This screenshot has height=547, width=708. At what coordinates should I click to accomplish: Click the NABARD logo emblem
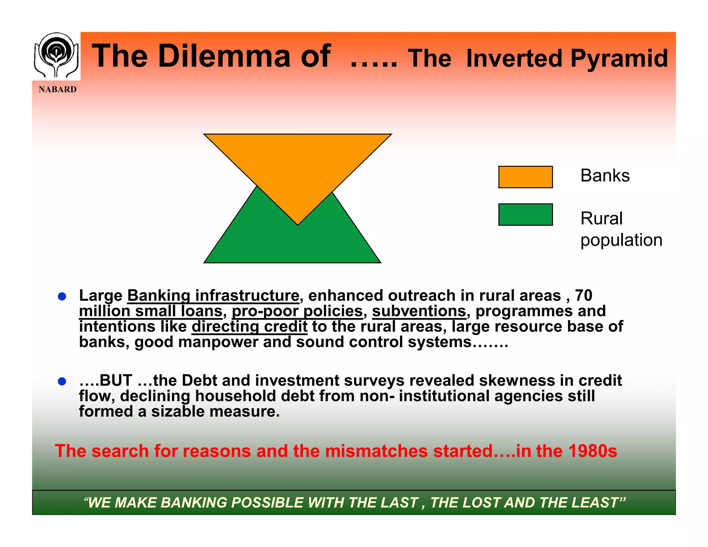56,55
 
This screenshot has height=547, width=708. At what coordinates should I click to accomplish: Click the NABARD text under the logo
57,90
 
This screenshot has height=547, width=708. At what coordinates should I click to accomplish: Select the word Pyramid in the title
619,58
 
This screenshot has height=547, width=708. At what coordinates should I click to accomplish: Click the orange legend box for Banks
525,177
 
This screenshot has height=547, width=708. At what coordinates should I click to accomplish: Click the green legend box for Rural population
525,215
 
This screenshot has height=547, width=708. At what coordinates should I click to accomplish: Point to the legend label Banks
605,176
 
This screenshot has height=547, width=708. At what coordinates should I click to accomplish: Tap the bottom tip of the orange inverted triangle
298,224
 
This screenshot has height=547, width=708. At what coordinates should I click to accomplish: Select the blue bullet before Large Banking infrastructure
62,297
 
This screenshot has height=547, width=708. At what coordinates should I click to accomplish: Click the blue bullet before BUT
62,381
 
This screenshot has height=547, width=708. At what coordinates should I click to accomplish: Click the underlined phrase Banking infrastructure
213,296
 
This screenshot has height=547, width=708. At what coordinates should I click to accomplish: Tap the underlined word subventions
419,311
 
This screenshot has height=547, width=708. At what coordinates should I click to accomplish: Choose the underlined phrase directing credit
249,327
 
